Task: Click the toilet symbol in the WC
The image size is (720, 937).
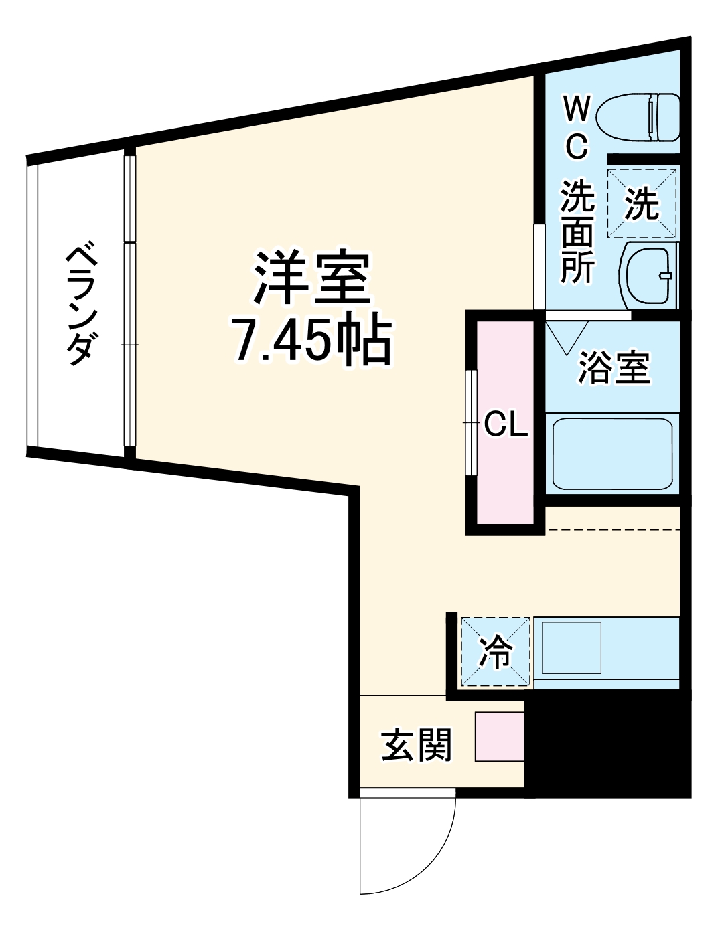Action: [x=638, y=118]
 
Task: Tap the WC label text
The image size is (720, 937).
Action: [x=577, y=127]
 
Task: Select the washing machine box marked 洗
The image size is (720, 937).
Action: [x=642, y=203]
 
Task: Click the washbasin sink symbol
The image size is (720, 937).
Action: [x=650, y=275]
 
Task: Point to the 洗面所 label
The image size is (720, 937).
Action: [x=577, y=232]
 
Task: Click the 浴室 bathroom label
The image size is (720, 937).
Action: [x=614, y=367]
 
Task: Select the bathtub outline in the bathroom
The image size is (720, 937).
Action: [x=612, y=453]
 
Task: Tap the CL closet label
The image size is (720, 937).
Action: [x=506, y=424]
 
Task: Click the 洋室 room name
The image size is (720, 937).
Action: [x=311, y=277]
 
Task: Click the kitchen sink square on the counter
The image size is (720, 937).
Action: [x=571, y=648]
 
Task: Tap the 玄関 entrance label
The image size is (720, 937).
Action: [x=417, y=744]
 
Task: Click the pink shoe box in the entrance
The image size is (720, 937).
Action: [x=499, y=736]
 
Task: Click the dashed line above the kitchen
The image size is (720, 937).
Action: [x=612, y=530]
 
